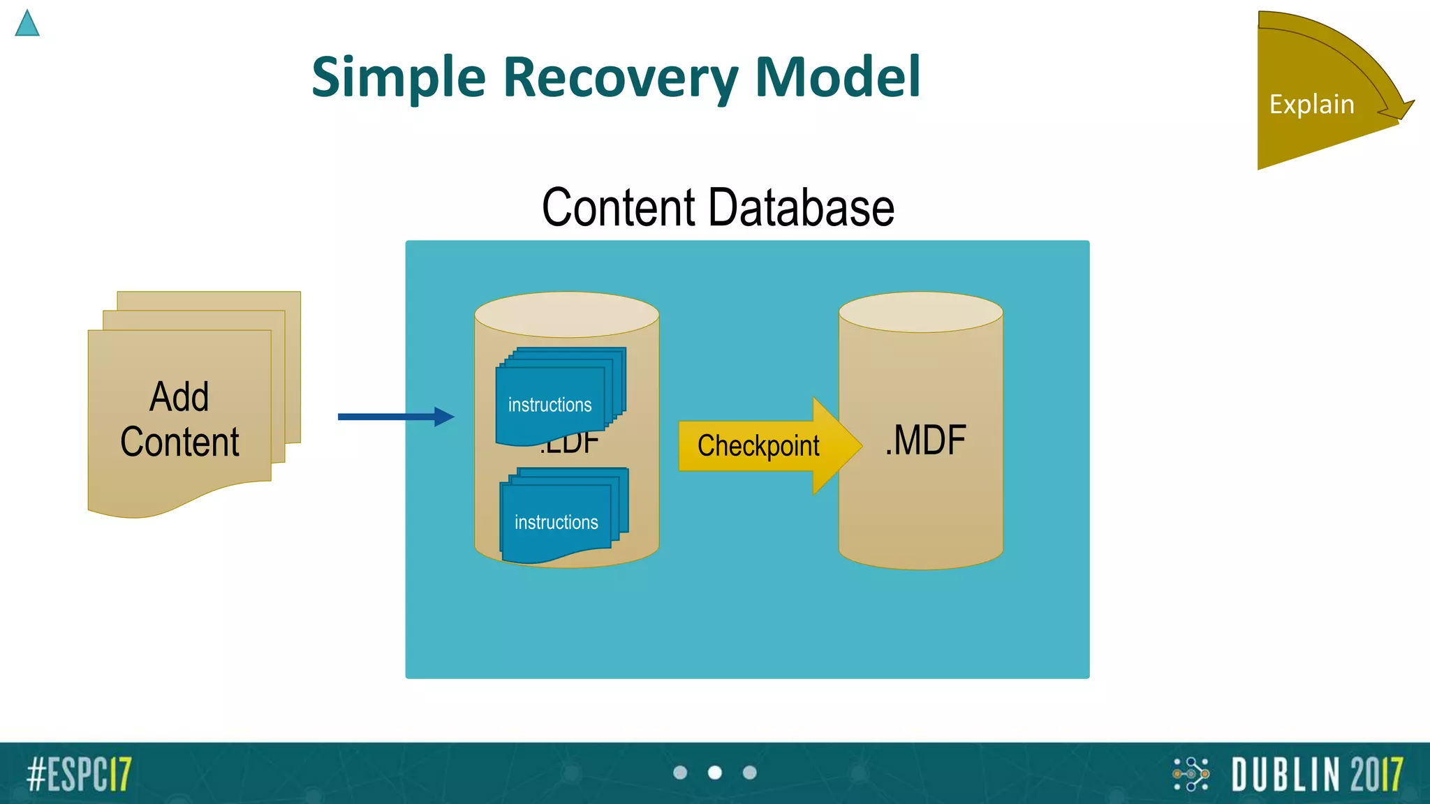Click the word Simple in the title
[398, 78]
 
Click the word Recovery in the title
[620, 78]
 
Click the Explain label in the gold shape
[1311, 105]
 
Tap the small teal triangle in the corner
[27, 24]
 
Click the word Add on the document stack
[179, 397]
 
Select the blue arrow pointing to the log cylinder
[395, 417]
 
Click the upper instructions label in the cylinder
[550, 405]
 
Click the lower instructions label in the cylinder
[556, 522]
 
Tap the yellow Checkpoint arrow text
[758, 446]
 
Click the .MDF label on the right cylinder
[925, 440]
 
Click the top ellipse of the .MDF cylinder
[920, 312]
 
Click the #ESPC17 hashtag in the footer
[79, 774]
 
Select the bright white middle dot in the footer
[715, 773]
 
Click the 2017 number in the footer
[1376, 775]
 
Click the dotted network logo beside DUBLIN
[1191, 774]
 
